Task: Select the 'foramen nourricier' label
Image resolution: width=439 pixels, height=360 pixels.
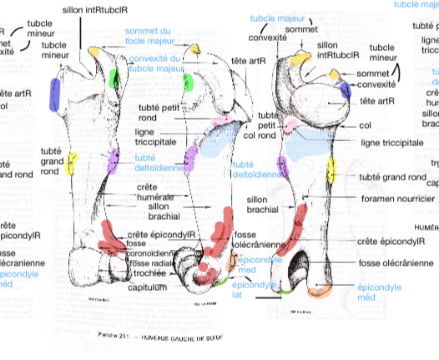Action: [398, 199]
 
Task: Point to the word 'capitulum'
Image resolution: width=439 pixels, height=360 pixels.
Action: [147, 287]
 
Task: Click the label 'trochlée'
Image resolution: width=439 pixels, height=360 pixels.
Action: [149, 273]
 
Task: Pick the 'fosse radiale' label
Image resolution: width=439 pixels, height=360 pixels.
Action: [151, 263]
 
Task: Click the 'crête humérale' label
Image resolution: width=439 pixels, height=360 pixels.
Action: [155, 192]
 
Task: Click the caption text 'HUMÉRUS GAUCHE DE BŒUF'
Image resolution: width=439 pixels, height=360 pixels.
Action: [182, 338]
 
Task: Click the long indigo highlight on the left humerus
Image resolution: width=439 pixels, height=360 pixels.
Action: [55, 95]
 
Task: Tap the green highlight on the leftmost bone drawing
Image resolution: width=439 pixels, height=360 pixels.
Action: [114, 78]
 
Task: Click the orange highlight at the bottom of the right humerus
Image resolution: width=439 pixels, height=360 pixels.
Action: [320, 291]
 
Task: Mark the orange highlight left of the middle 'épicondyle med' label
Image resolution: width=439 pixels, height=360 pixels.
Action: [232, 262]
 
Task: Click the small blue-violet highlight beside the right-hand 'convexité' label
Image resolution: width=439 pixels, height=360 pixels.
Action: [345, 90]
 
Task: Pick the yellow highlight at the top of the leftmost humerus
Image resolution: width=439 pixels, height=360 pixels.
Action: [94, 51]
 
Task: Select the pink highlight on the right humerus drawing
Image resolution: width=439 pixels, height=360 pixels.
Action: [291, 126]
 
